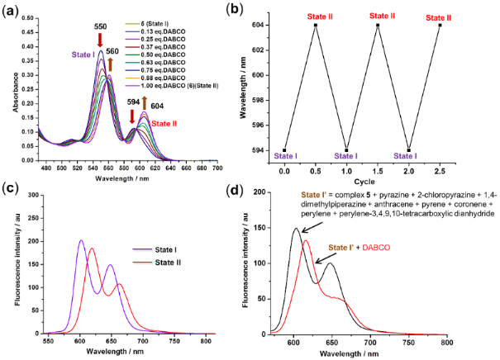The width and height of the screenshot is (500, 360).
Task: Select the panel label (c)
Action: point(11,192)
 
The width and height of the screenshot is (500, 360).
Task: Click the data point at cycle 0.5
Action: point(316,25)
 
